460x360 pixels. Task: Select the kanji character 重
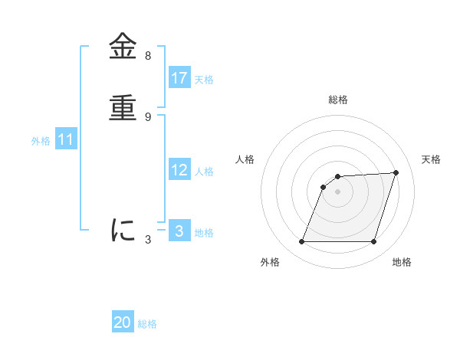pos(123,108)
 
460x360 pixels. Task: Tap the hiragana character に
pos(123,230)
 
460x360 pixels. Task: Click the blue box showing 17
pos(179,78)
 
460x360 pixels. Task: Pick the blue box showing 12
pos(179,170)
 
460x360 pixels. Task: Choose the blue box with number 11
pos(65,139)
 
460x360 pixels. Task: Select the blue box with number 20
pos(123,322)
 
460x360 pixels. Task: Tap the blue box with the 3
pos(179,231)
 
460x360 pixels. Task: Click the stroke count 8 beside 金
pos(148,56)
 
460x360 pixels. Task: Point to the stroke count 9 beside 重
pos(148,117)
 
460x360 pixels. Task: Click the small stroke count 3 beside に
pos(148,240)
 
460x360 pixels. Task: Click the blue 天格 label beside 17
pos(204,80)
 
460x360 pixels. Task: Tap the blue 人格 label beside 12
pos(204,172)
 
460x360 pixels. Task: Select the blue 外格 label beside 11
pos(41,141)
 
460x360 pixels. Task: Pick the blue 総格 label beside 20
pos(147,324)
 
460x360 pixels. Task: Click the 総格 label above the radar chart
pos(338,100)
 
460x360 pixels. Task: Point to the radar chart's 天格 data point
pos(396,172)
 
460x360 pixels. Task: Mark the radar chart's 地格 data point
pos(373,242)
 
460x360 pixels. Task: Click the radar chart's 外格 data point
pos(302,242)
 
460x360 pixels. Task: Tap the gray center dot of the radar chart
pos(337,191)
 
